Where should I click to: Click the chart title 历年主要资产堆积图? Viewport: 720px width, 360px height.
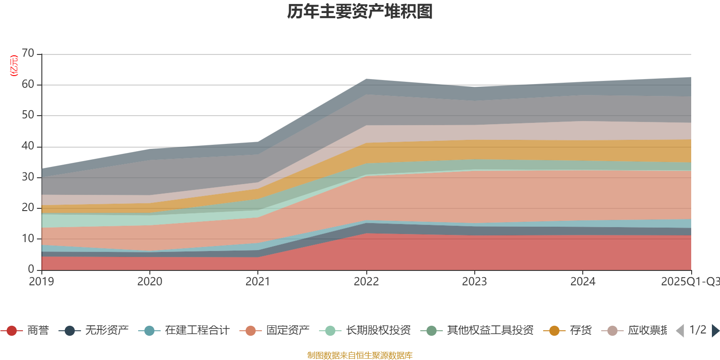coord(360,12)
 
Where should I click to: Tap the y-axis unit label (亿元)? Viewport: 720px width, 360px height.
coord(14,66)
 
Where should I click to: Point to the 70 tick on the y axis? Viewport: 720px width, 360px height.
coord(28,54)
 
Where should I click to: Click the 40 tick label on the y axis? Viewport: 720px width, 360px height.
coord(28,146)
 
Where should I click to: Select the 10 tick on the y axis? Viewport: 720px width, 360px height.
coord(28,238)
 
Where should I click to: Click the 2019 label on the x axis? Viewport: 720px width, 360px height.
coord(41,282)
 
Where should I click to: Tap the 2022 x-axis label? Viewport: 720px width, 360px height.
coord(366,282)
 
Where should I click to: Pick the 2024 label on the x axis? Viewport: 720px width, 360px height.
coord(583,282)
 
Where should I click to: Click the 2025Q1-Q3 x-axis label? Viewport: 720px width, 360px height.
coord(689,282)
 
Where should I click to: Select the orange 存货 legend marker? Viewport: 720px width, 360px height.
coord(554,331)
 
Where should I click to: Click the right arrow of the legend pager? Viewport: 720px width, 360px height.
coord(715,331)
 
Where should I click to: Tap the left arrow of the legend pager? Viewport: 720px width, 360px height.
coord(680,331)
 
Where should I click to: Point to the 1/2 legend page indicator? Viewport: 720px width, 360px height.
coord(697,330)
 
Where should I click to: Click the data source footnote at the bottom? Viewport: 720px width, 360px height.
coord(360,355)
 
